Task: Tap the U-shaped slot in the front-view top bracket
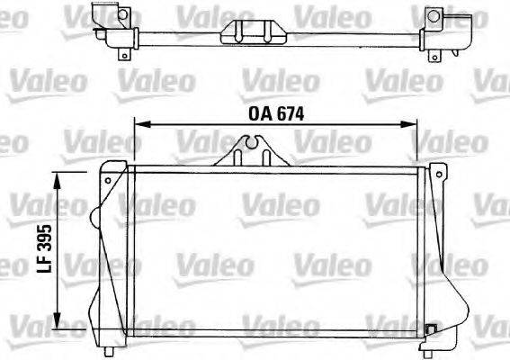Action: click(x=253, y=141)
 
